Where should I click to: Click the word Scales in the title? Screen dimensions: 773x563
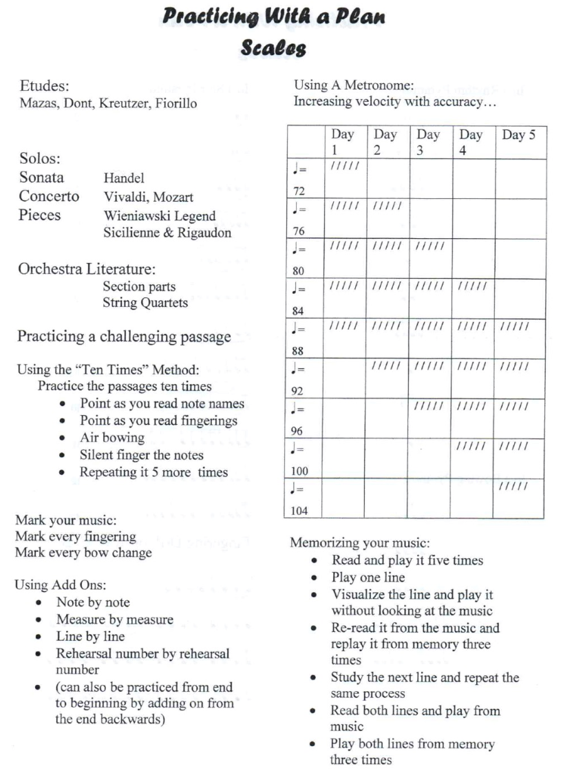click(x=273, y=49)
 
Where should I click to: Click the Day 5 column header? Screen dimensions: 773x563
click(x=518, y=136)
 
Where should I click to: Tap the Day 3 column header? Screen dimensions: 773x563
click(x=428, y=142)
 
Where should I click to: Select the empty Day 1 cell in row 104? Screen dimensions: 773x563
click(x=343, y=498)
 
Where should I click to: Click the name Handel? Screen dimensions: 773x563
click(x=123, y=178)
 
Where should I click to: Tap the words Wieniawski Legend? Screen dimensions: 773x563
click(x=159, y=216)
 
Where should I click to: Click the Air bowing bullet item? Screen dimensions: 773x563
click(x=112, y=438)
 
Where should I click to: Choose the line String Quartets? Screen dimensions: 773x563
click(x=145, y=303)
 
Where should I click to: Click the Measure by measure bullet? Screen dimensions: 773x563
click(x=114, y=620)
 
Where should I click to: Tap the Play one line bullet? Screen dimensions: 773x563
click(x=368, y=578)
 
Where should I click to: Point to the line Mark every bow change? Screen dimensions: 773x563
click(x=83, y=553)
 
